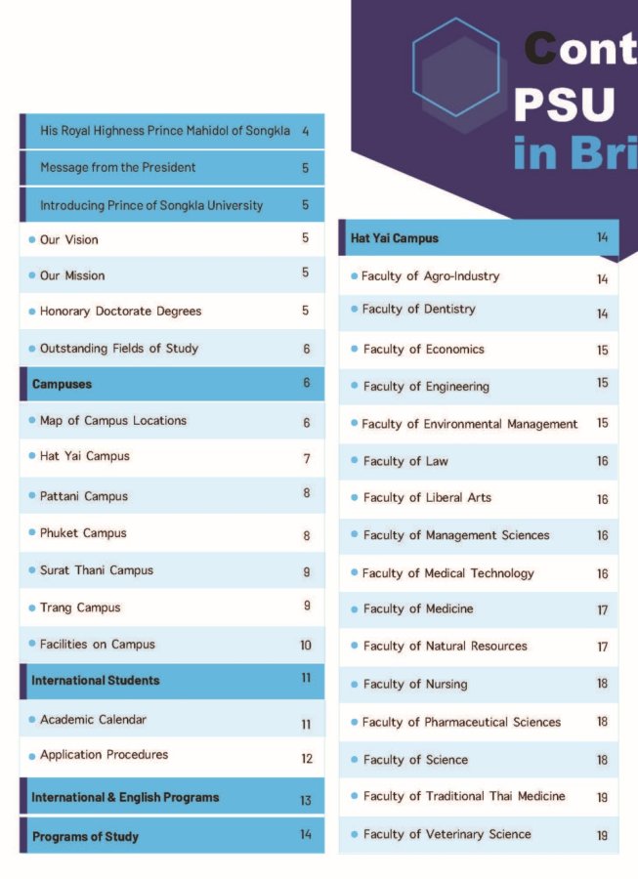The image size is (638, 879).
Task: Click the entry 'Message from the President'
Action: [117, 168]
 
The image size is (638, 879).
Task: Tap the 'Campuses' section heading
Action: [62, 384]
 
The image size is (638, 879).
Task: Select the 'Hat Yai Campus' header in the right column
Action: [395, 238]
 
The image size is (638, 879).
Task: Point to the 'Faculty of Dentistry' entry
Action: [418, 310]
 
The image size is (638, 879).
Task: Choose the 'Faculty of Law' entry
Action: [405, 461]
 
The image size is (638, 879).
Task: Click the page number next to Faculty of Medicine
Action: [602, 610]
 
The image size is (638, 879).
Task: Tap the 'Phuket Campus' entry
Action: [83, 534]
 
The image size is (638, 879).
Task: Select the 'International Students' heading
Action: [95, 680]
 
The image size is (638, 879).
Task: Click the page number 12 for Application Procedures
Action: [306, 758]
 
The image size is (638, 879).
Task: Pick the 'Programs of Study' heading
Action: [85, 837]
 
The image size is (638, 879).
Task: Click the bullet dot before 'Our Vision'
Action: [32, 240]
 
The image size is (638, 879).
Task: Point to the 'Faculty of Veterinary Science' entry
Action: [447, 835]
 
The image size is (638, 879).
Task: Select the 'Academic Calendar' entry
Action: [93, 720]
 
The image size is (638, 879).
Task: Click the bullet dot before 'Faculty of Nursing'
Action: [354, 685]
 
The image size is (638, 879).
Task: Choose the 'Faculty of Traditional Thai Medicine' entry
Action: [463, 797]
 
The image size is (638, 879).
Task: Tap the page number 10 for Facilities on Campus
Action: [306, 646]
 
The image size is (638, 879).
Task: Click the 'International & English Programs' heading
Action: [125, 798]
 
